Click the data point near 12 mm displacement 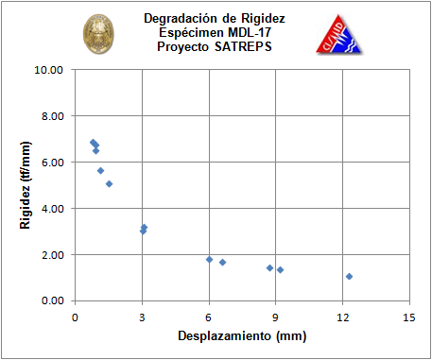coord(349,276)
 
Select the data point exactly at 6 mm coord(209,260)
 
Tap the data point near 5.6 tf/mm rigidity coord(100,171)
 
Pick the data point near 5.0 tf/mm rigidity coord(109,184)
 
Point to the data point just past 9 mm coord(280,269)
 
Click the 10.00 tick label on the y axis coord(48,70)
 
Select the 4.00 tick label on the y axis coord(52,209)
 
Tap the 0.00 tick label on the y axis coord(52,300)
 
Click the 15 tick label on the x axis coord(409,317)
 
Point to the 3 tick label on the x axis coord(142,317)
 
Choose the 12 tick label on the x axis coord(342,317)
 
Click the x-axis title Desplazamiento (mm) coord(242,336)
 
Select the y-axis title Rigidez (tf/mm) coord(26,185)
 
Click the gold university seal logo coord(98,34)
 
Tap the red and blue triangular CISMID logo coord(339,35)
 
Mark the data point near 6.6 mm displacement coord(222,262)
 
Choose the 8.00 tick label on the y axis coord(52,116)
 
